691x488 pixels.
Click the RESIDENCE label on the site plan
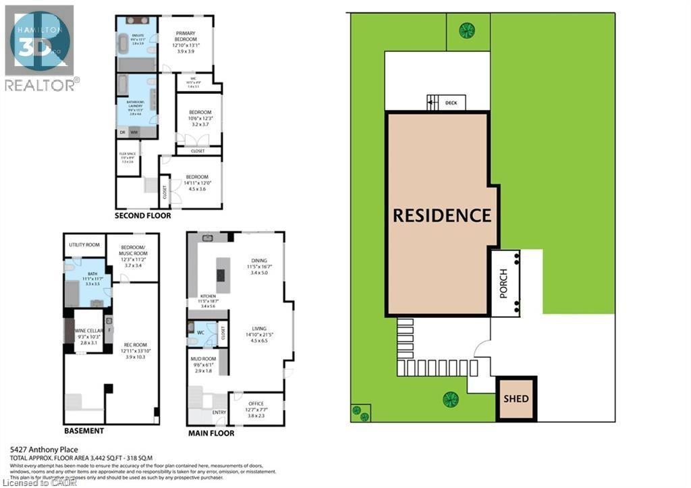click(442, 215)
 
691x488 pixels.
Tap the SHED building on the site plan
click(516, 398)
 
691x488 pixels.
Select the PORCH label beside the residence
click(503, 283)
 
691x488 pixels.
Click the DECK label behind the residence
click(451, 103)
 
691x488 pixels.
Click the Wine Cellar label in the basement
click(88, 331)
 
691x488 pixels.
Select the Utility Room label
click(84, 244)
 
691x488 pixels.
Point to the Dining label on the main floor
click(259, 265)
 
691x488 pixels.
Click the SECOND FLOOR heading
click(142, 216)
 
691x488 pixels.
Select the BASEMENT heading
click(84, 431)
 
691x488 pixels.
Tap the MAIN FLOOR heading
click(211, 433)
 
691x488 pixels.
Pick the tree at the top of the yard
click(466, 30)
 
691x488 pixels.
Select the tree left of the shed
click(450, 399)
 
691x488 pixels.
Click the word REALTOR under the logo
click(39, 84)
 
